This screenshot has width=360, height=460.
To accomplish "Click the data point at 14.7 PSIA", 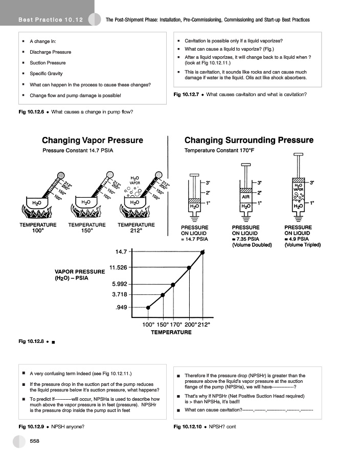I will (x=203, y=252).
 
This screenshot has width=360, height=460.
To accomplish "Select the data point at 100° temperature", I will (x=148, y=307).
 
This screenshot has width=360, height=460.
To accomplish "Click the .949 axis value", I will (x=123, y=307).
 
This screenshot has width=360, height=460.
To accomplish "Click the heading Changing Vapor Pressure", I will (x=93, y=140).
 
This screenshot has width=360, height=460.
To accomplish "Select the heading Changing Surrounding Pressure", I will (x=249, y=140).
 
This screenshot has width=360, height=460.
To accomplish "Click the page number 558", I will (x=35, y=441).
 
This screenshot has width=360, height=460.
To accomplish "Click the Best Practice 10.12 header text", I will (x=50, y=20).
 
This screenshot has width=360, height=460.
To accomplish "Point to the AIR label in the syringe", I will (x=246, y=196).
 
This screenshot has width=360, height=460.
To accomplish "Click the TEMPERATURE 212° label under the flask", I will (x=136, y=227).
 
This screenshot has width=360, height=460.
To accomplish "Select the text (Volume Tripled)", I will (x=302, y=245).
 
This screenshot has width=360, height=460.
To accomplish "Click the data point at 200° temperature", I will (x=189, y=267).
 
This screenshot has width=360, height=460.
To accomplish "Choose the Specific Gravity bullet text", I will (x=46, y=74).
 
